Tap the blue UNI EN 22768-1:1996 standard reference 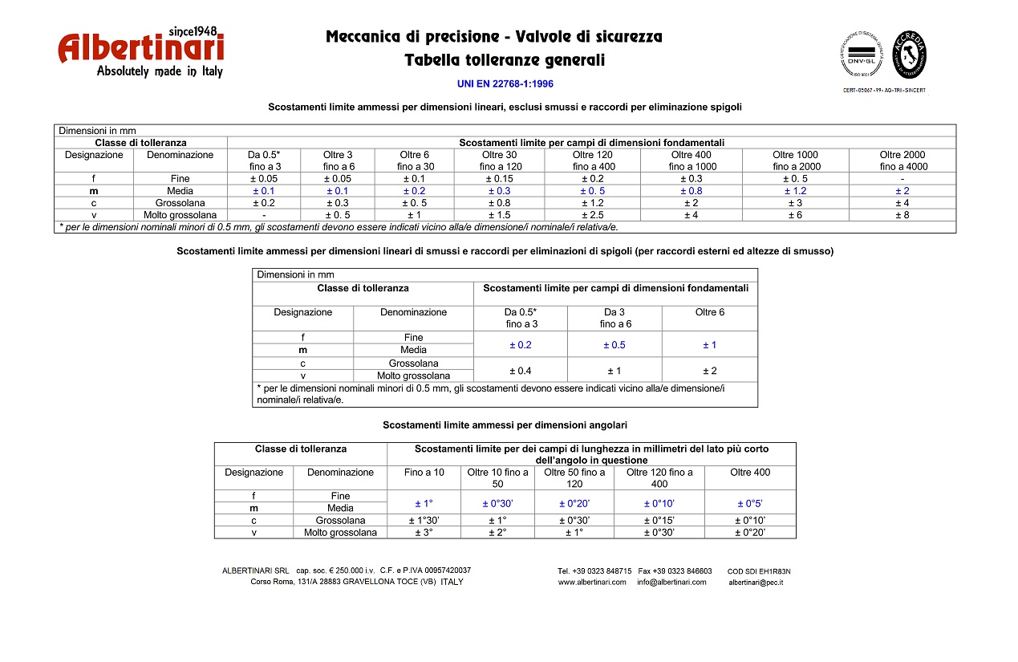click(x=505, y=83)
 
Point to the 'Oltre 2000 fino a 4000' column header click(x=902, y=160)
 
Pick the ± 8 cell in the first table click(x=902, y=215)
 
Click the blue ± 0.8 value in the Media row click(x=691, y=191)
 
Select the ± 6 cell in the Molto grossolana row click(x=794, y=215)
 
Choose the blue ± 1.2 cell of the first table click(x=794, y=191)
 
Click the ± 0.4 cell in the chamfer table click(x=520, y=370)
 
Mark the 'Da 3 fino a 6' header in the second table click(x=614, y=318)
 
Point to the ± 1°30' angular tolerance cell click(x=424, y=521)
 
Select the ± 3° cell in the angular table click(x=424, y=533)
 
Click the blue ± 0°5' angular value click(x=750, y=503)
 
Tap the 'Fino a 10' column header click(x=424, y=473)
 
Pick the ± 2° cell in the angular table click(x=497, y=533)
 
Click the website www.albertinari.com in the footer click(x=592, y=583)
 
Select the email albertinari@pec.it click(x=756, y=583)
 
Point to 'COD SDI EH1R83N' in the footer click(x=759, y=571)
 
